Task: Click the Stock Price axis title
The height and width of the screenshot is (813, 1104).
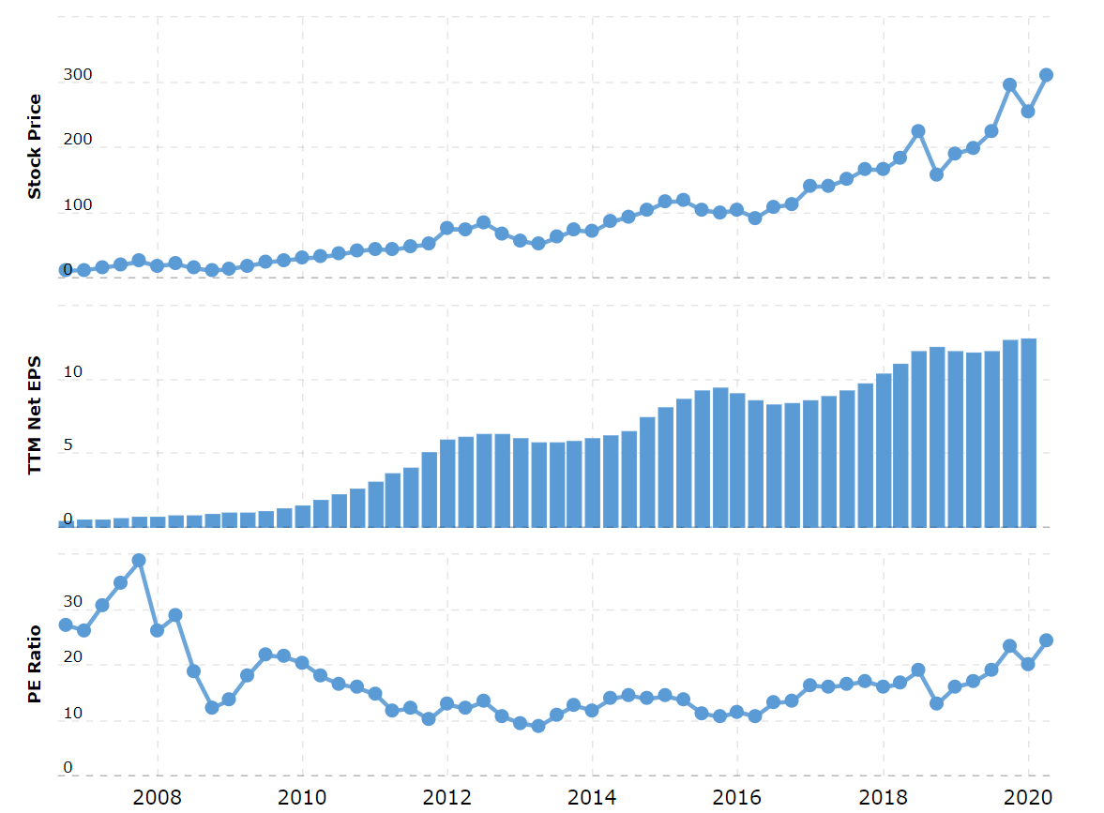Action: (x=35, y=146)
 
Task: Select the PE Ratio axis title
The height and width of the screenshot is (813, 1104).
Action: (x=35, y=664)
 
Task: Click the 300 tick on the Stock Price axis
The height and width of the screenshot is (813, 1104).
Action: (x=77, y=75)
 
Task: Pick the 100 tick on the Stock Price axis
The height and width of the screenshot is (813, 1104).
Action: (x=77, y=205)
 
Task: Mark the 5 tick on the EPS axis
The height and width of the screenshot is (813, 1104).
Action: (x=68, y=446)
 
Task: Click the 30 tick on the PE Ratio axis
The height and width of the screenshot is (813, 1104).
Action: (x=72, y=602)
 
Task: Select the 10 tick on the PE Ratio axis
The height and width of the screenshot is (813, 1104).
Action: (x=72, y=714)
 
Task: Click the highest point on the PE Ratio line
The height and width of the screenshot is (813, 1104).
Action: (x=139, y=561)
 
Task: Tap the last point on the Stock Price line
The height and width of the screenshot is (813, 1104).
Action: (x=1046, y=75)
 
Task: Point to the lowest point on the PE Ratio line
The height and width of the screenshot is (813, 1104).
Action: (x=537, y=726)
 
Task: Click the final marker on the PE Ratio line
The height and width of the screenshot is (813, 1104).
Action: (x=1046, y=640)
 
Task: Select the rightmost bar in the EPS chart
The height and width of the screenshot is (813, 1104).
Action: (x=1028, y=432)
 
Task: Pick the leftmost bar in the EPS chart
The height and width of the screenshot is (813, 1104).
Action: (x=66, y=523)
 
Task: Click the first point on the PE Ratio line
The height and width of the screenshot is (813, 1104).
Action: (x=66, y=625)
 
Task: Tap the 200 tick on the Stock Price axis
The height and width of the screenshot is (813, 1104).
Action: (x=77, y=140)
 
